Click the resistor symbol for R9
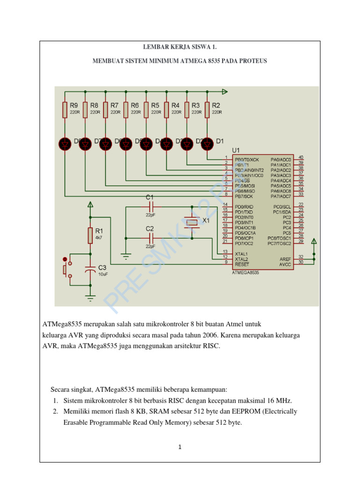click(65, 109)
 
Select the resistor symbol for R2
click(207, 109)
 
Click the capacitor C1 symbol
click(150, 207)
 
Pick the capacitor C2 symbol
click(150, 238)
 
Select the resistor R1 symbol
click(90, 235)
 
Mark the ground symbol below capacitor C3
click(90, 297)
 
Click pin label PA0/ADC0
click(281, 159)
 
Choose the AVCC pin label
click(285, 264)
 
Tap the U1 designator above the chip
click(236, 150)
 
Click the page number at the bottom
click(180, 447)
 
